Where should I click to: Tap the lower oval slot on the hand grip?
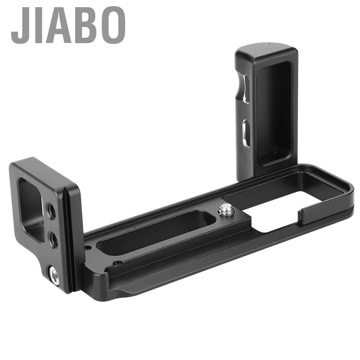(246, 133)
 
